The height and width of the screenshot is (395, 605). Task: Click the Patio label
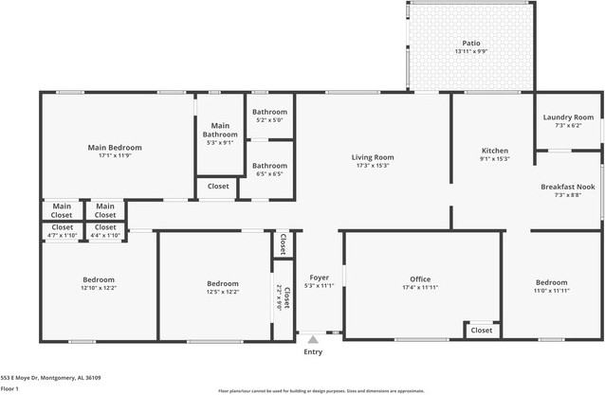(x=471, y=43)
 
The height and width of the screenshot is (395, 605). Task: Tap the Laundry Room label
(x=568, y=117)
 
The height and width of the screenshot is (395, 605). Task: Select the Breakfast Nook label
(x=568, y=187)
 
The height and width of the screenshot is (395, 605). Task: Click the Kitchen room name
(x=495, y=151)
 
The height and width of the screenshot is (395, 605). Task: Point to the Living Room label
(x=373, y=157)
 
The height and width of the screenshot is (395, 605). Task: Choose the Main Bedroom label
(x=115, y=148)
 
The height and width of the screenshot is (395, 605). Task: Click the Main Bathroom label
(x=220, y=131)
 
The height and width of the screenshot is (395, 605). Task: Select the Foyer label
(x=318, y=278)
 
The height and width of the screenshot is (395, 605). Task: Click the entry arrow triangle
(x=313, y=338)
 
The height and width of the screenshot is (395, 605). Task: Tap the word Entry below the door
(x=313, y=351)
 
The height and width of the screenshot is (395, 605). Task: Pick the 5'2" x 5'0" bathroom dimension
(x=269, y=120)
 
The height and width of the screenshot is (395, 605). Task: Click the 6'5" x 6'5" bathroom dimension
(x=269, y=173)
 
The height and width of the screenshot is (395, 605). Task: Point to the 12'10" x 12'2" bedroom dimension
(x=98, y=288)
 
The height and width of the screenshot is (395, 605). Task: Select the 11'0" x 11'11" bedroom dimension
(x=551, y=291)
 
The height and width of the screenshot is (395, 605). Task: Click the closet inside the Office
(x=482, y=331)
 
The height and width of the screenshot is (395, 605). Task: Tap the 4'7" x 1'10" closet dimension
(x=63, y=235)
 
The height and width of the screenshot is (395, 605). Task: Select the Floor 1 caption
(x=10, y=388)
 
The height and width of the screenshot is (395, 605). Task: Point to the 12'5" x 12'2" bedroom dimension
(x=216, y=292)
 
